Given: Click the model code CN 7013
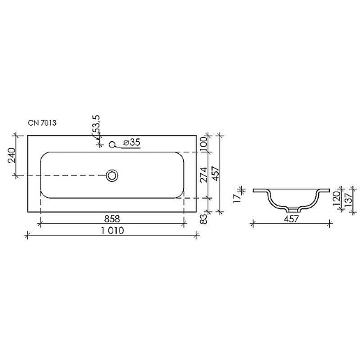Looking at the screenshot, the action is click(x=42, y=123).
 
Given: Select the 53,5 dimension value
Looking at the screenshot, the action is click(x=96, y=124).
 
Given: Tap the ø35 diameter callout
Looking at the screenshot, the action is click(x=132, y=142).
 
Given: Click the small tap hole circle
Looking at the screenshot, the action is click(x=112, y=144).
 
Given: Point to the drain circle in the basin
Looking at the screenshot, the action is click(x=112, y=175).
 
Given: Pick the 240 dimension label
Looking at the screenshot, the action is click(x=11, y=155).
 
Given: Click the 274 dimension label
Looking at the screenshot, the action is click(x=203, y=175).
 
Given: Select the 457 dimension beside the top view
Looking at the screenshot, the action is click(x=215, y=173).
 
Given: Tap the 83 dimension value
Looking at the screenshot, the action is click(x=203, y=219).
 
